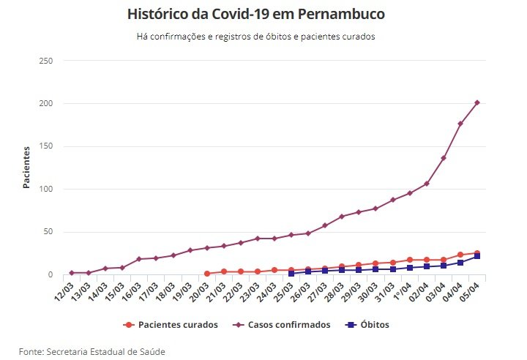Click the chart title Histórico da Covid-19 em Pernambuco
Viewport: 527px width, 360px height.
point(255,14)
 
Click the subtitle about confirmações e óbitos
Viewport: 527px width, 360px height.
point(255,36)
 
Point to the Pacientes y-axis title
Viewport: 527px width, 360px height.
point(26,168)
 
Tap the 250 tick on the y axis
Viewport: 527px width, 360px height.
point(45,61)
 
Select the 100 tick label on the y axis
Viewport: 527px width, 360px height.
point(45,190)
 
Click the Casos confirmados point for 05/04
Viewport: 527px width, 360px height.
point(477,102)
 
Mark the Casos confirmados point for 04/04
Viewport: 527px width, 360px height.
point(460,124)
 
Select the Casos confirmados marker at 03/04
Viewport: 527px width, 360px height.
point(444,158)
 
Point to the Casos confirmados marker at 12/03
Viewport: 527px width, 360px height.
point(72,273)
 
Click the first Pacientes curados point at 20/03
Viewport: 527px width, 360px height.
point(207,274)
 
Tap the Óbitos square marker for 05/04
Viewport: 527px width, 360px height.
point(477,256)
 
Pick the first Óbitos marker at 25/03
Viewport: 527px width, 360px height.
point(291,273)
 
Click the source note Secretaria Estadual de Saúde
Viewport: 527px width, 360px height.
point(92,352)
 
